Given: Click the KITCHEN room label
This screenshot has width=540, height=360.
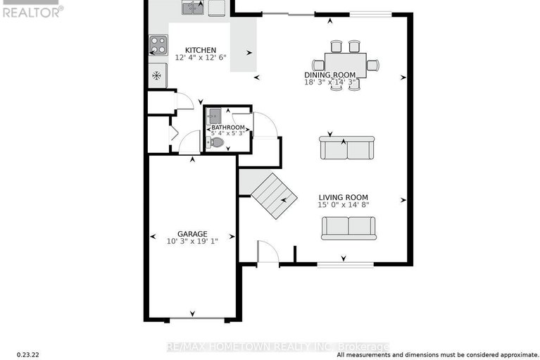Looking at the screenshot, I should (200, 51).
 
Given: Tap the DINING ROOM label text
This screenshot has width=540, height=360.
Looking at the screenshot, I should (330, 75).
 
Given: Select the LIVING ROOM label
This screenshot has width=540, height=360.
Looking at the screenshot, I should (343, 197).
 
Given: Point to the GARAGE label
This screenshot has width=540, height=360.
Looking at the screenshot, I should (191, 233).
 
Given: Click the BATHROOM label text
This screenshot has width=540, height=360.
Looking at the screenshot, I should (228, 128).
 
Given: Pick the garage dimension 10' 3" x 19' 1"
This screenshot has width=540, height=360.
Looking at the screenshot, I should (191, 241).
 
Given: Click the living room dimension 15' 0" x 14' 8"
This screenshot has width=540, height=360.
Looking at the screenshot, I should (343, 205).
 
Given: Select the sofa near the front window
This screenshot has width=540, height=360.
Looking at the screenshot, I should (349, 228).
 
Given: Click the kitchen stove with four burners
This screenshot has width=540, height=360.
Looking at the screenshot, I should (158, 46).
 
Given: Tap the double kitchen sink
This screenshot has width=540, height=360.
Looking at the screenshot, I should (193, 8).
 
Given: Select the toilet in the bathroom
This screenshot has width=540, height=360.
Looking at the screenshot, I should (217, 142).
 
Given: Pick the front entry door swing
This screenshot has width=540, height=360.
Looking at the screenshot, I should (268, 252).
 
